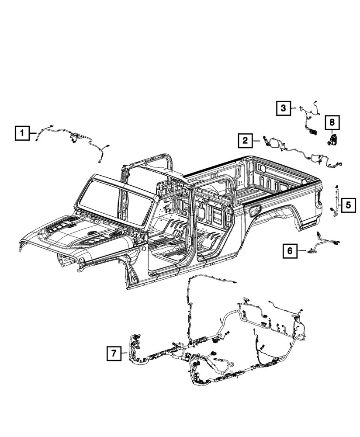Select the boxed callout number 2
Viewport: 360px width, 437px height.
click(x=246, y=140)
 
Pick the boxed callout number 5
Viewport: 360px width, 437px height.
click(x=348, y=204)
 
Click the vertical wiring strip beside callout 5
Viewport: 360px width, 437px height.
click(x=337, y=201)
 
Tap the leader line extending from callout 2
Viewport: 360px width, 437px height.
click(x=256, y=140)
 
